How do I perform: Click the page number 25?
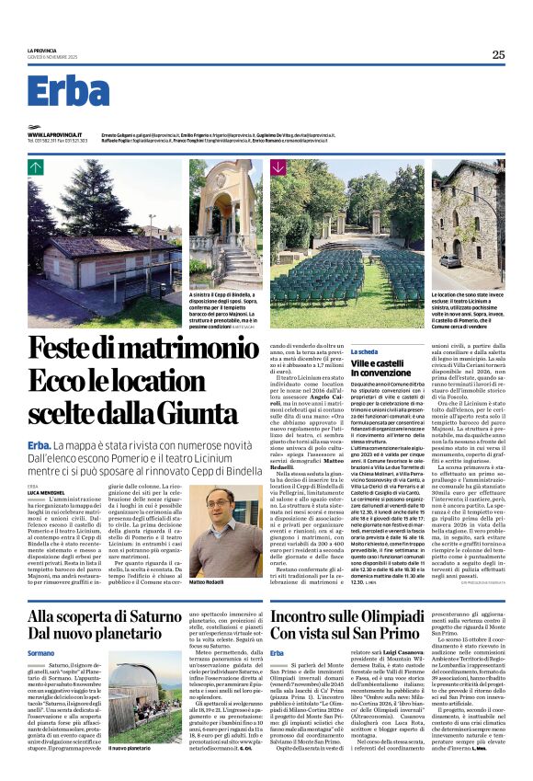tap(498, 55)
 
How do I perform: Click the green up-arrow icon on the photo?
tap(36, 167)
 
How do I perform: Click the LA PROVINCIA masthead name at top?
tap(42, 50)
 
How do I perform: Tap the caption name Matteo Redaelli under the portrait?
tap(209, 583)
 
